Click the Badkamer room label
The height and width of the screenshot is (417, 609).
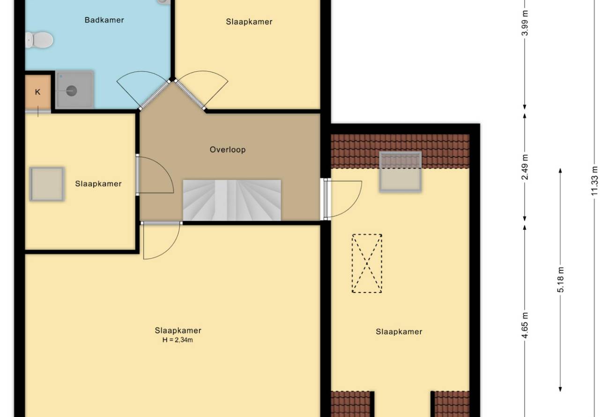104,20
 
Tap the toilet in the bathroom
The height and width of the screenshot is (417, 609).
39,40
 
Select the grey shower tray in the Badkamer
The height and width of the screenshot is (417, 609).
74,89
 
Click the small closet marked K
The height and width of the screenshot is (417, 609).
38,92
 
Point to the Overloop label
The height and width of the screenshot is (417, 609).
228,150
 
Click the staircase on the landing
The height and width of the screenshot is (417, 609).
232,200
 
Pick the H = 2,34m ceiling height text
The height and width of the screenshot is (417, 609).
178,340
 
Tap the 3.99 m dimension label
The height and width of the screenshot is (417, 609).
525,23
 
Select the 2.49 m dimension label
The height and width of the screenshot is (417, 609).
525,167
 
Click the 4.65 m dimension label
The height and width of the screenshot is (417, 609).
525,325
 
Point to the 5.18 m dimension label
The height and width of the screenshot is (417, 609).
560,280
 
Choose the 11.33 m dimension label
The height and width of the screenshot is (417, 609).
594,181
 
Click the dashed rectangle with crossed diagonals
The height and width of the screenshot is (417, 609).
367,263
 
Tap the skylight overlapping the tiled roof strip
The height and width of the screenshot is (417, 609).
400,172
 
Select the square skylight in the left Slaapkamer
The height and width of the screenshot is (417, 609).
47,184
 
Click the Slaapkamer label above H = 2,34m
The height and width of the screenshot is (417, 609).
178,331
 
